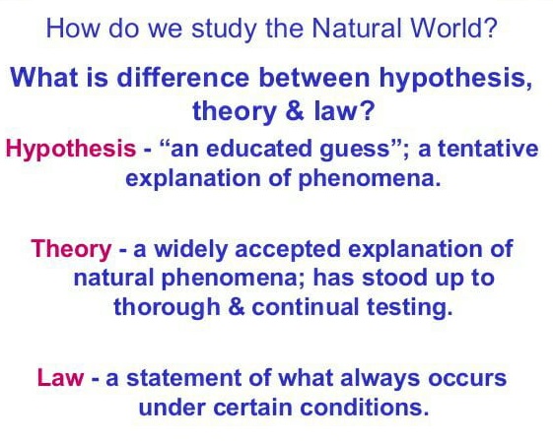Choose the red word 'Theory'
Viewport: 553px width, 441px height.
(x=72, y=249)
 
